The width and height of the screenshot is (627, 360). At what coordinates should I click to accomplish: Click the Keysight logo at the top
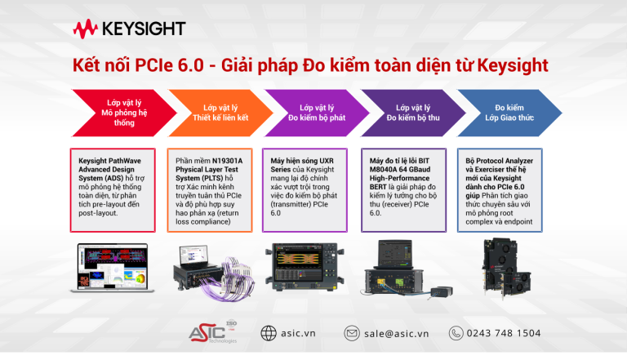click(x=129, y=29)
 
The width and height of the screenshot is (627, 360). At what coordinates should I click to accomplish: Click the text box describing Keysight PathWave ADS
click(x=122, y=187)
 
